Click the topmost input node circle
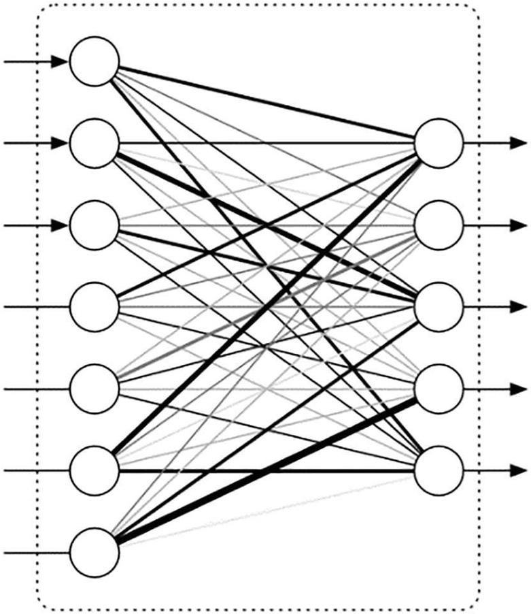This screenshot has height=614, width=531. [95, 62]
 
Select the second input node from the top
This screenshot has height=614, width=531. [95, 143]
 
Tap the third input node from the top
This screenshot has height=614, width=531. [95, 225]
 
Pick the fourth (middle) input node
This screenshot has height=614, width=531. [95, 306]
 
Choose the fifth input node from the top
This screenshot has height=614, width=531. [95, 389]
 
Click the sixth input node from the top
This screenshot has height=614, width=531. [95, 470]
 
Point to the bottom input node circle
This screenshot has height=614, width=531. [95, 552]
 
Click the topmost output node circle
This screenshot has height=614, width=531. [439, 143]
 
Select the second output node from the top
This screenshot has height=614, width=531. [439, 225]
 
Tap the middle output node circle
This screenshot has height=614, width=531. [439, 306]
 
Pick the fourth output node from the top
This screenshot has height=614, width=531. [439, 389]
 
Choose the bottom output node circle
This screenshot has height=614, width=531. [439, 470]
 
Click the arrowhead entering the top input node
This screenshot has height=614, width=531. [61, 62]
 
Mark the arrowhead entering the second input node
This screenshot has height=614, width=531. [61, 143]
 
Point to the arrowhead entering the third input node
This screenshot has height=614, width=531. [61, 225]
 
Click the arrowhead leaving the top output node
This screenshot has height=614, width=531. [519, 143]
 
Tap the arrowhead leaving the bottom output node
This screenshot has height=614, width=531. [519, 470]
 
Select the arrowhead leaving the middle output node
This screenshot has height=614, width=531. [519, 306]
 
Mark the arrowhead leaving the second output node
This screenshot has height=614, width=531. [519, 225]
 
